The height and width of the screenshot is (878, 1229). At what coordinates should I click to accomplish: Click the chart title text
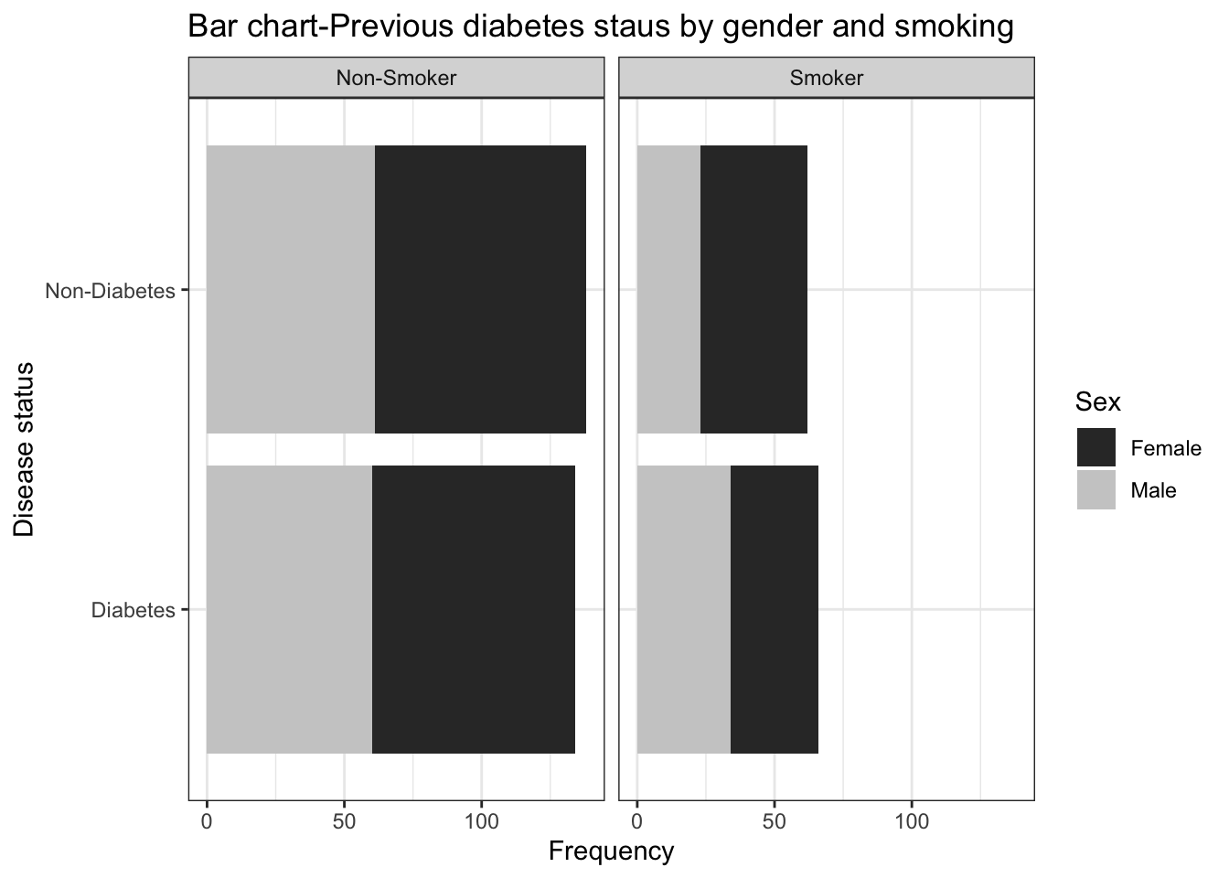click(x=600, y=27)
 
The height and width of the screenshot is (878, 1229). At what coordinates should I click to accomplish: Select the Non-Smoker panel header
click(x=396, y=78)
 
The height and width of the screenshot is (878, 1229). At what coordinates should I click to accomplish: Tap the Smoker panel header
click(x=827, y=78)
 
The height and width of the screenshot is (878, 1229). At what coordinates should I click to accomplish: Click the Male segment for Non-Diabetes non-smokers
click(x=291, y=289)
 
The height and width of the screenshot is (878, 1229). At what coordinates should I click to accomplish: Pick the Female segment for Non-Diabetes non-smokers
click(x=480, y=289)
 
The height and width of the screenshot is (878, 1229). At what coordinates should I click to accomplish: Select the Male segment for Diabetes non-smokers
click(x=289, y=609)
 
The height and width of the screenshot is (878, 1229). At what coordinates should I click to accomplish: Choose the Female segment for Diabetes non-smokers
click(x=474, y=609)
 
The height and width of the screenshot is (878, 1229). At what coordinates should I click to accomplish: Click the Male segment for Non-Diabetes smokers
click(x=668, y=289)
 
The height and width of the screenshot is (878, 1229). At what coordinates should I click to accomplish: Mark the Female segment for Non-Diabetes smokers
click(x=753, y=289)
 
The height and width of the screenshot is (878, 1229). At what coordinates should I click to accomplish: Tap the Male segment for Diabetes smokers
click(x=684, y=609)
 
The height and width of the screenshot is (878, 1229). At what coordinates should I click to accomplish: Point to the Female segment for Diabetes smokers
click(x=775, y=609)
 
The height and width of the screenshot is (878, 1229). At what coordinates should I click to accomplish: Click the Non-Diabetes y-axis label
click(x=110, y=292)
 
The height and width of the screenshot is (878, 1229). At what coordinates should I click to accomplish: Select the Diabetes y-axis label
click(x=133, y=610)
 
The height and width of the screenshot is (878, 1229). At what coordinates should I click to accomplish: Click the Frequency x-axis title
click(x=611, y=851)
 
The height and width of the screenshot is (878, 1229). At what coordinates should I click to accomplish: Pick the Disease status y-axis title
click(x=25, y=449)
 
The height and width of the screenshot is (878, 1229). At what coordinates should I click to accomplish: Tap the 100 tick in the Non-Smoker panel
click(x=482, y=821)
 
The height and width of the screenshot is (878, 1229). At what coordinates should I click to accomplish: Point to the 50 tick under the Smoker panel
click(x=775, y=821)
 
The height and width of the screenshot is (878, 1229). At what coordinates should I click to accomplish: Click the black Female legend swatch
click(x=1095, y=447)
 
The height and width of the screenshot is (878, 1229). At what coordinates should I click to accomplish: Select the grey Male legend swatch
click(x=1095, y=489)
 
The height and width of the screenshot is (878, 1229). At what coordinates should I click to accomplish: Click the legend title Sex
click(x=1098, y=402)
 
